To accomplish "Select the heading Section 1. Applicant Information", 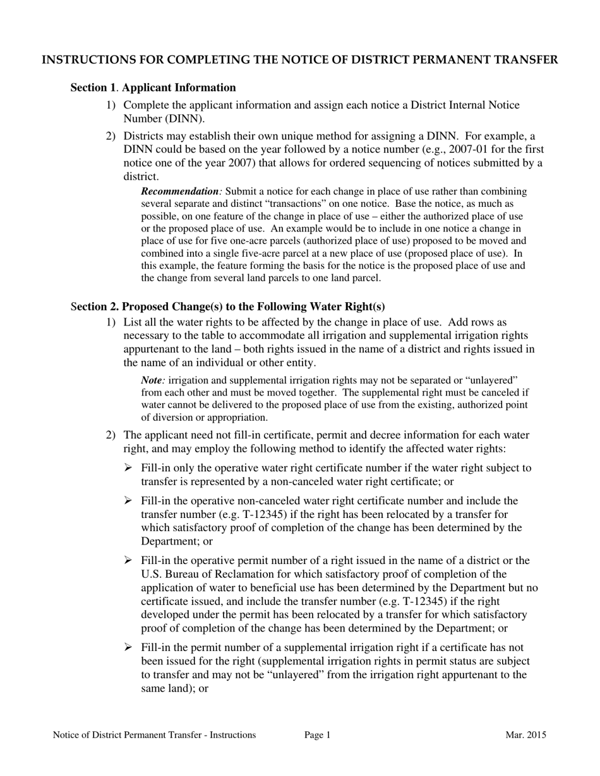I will point(153,88).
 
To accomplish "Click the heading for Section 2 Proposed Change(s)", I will point(228,307).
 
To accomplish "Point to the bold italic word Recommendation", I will point(179,191).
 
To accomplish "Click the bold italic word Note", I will point(152,380).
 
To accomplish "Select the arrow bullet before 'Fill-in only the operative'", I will point(128,468).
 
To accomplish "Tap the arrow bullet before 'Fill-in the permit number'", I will point(128,647).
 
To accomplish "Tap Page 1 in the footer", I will point(317,735).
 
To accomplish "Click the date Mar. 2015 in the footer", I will point(525,735).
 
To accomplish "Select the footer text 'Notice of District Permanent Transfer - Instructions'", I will point(155,735).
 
